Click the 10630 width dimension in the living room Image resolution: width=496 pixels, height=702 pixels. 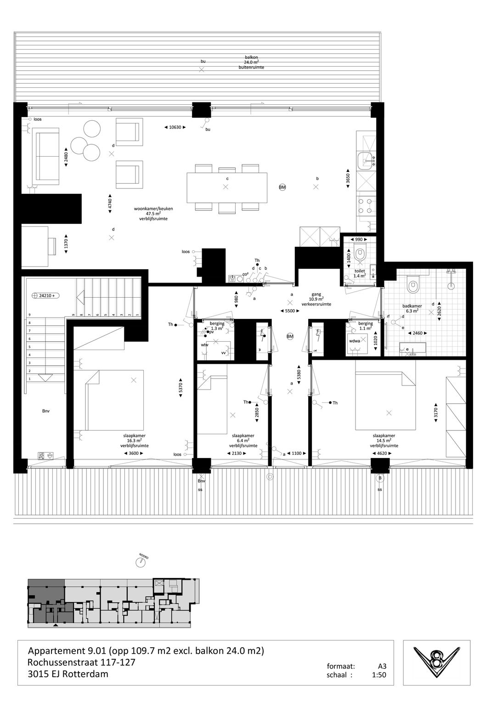(175, 127)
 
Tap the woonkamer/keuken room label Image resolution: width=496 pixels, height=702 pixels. (150, 214)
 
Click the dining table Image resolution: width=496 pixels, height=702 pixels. (227, 187)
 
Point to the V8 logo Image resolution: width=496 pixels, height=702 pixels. (436, 663)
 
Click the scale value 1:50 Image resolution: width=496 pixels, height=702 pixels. (379, 675)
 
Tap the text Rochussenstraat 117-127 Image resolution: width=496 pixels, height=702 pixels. (81, 662)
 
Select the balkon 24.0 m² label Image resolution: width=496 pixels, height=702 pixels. (251, 62)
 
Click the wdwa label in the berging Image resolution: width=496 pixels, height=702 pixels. (355, 341)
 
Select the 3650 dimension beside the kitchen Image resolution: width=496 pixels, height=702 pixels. (348, 179)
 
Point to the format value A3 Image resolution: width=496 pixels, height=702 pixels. (382, 666)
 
